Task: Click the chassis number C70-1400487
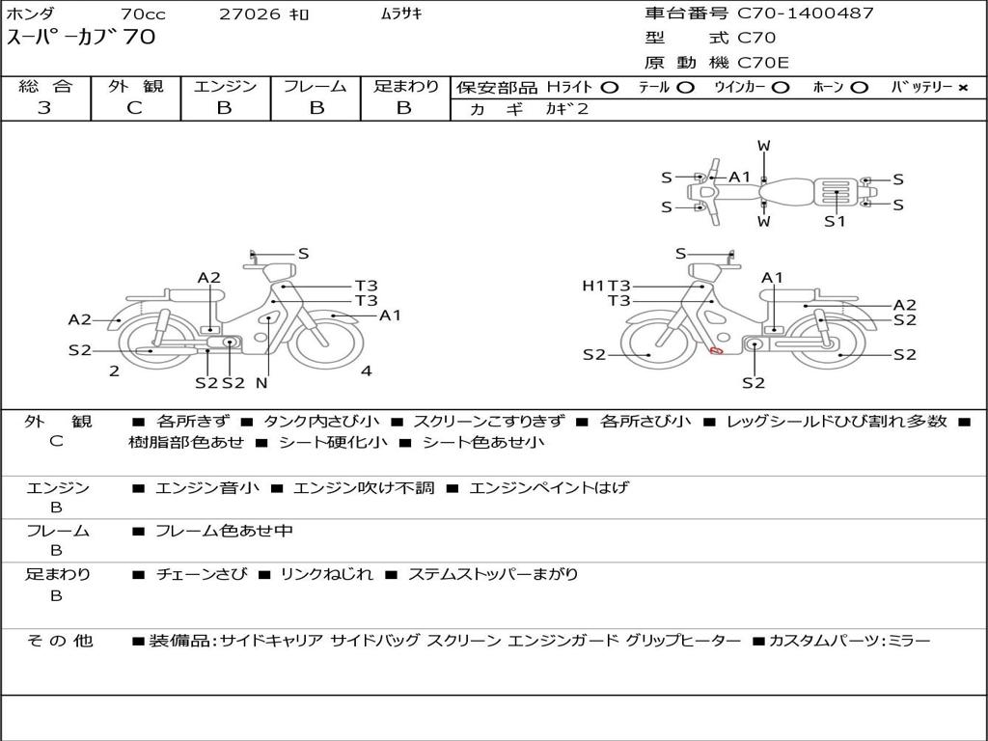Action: (x=806, y=14)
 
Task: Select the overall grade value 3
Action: (x=44, y=108)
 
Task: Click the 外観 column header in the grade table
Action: (x=135, y=86)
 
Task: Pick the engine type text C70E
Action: (x=762, y=63)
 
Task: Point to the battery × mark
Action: (x=963, y=88)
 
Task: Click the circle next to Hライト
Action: (x=609, y=88)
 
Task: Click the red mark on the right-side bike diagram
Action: (x=717, y=350)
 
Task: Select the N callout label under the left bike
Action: (x=261, y=382)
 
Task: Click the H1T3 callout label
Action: (x=606, y=286)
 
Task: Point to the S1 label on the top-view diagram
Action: (x=835, y=221)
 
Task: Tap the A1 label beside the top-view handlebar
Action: (x=740, y=178)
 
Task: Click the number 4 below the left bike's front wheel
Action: (x=366, y=370)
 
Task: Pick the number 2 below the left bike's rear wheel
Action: (x=114, y=370)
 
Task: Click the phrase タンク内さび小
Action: (x=321, y=421)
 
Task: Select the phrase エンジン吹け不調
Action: (x=364, y=487)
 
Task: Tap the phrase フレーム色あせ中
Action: (x=224, y=531)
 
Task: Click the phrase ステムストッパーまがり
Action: (x=493, y=574)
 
